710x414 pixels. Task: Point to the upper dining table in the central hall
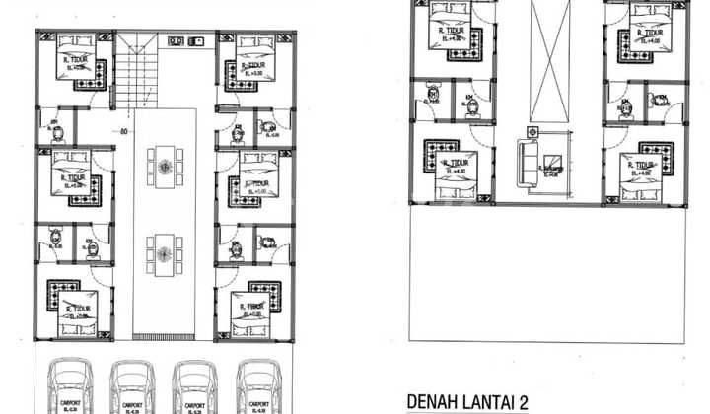tap(165, 166)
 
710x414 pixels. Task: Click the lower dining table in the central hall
tap(165, 254)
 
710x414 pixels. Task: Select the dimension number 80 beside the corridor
tap(124, 130)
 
